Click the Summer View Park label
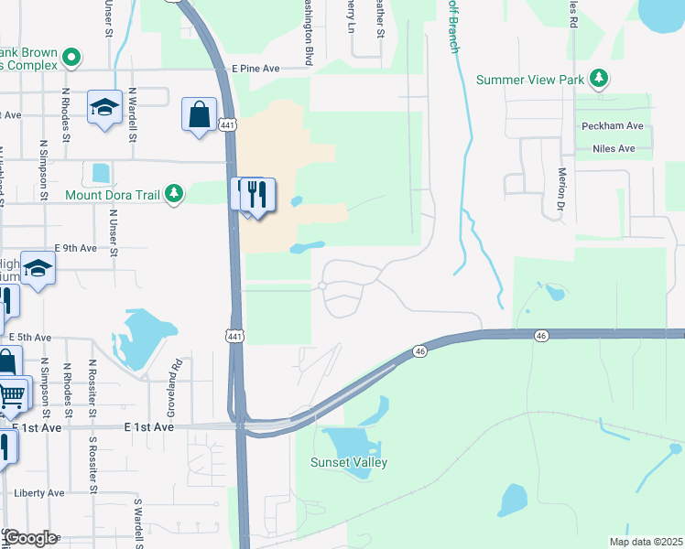coord(530,80)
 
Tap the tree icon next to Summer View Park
coord(599,79)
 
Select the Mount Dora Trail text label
coord(113,194)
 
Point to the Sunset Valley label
coord(348,462)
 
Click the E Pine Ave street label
coord(256,69)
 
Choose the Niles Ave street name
coord(614,148)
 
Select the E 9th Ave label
coord(76,248)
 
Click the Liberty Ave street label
coord(39,492)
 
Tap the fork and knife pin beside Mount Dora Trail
coord(259,195)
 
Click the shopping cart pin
coord(11,394)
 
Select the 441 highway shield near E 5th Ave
coord(235,337)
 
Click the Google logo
coord(30,538)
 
